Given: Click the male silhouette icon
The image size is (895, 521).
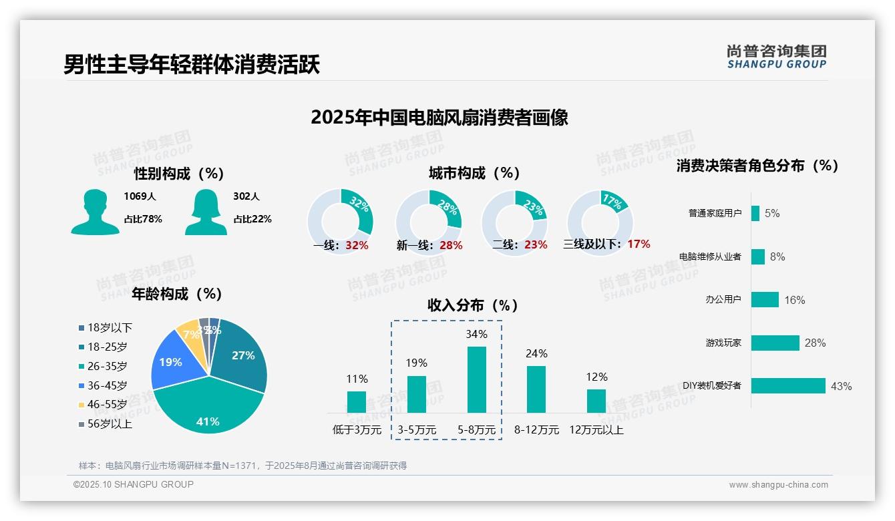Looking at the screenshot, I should [x=95, y=212].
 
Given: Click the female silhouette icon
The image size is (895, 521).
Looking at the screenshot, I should [x=206, y=212].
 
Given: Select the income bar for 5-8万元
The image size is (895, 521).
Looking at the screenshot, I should [x=476, y=379].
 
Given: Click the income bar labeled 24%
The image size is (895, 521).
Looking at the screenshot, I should [x=536, y=389].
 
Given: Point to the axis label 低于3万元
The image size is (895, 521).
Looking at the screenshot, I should [x=356, y=430].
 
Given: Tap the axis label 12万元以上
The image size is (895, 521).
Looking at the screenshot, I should [x=596, y=430].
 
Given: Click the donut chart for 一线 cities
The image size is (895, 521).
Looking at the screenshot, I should [x=340, y=221].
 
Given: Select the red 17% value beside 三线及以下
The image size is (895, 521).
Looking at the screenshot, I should [x=639, y=244].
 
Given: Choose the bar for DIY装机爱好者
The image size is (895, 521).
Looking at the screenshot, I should [x=788, y=385].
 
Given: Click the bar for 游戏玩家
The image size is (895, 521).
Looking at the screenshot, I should [x=775, y=343].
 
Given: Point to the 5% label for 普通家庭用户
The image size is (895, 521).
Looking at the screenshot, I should [x=772, y=214].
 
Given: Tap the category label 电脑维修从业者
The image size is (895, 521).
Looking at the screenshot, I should [x=709, y=256].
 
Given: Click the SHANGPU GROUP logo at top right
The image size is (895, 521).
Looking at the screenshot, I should [x=776, y=57].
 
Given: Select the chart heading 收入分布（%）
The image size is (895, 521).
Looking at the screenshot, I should [x=473, y=306].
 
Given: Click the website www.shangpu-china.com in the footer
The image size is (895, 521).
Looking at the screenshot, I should [x=778, y=485].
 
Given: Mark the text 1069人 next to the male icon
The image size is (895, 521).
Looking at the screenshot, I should [x=140, y=196].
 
